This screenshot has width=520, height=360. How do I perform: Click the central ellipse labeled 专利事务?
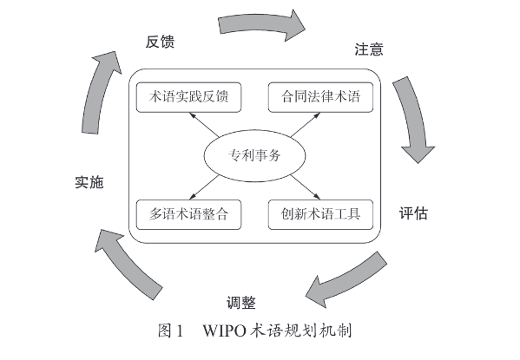pos(254,156)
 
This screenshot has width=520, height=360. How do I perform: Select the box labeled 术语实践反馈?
pos(188,96)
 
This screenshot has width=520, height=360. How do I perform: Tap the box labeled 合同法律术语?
pos(320,96)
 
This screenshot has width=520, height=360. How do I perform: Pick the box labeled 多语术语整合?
pos(188,213)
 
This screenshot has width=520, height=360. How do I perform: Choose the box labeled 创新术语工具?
pos(320,213)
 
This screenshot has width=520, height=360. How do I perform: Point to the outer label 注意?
pos(369,50)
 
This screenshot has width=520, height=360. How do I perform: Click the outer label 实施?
pos(89,182)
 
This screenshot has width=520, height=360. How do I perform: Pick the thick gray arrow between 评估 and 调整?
pos(348,280)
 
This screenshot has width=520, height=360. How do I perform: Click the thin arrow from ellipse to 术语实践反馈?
pos(206,126)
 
